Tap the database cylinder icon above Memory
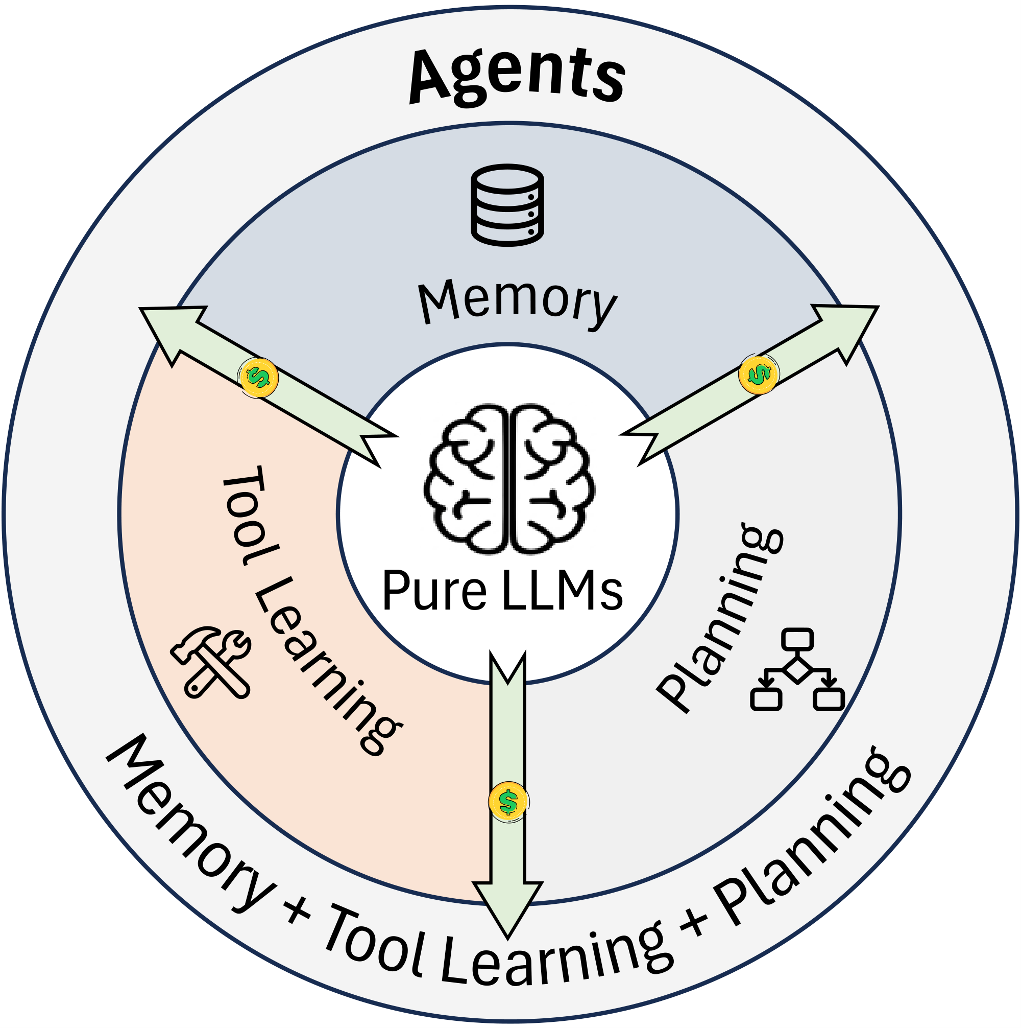click(507, 205)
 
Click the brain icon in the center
click(509, 479)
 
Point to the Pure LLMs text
click(502, 591)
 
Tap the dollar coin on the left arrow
click(258, 377)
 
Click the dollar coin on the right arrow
click(758, 375)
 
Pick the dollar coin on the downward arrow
click(508, 801)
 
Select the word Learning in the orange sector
click(324, 665)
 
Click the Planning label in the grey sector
click(720, 617)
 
